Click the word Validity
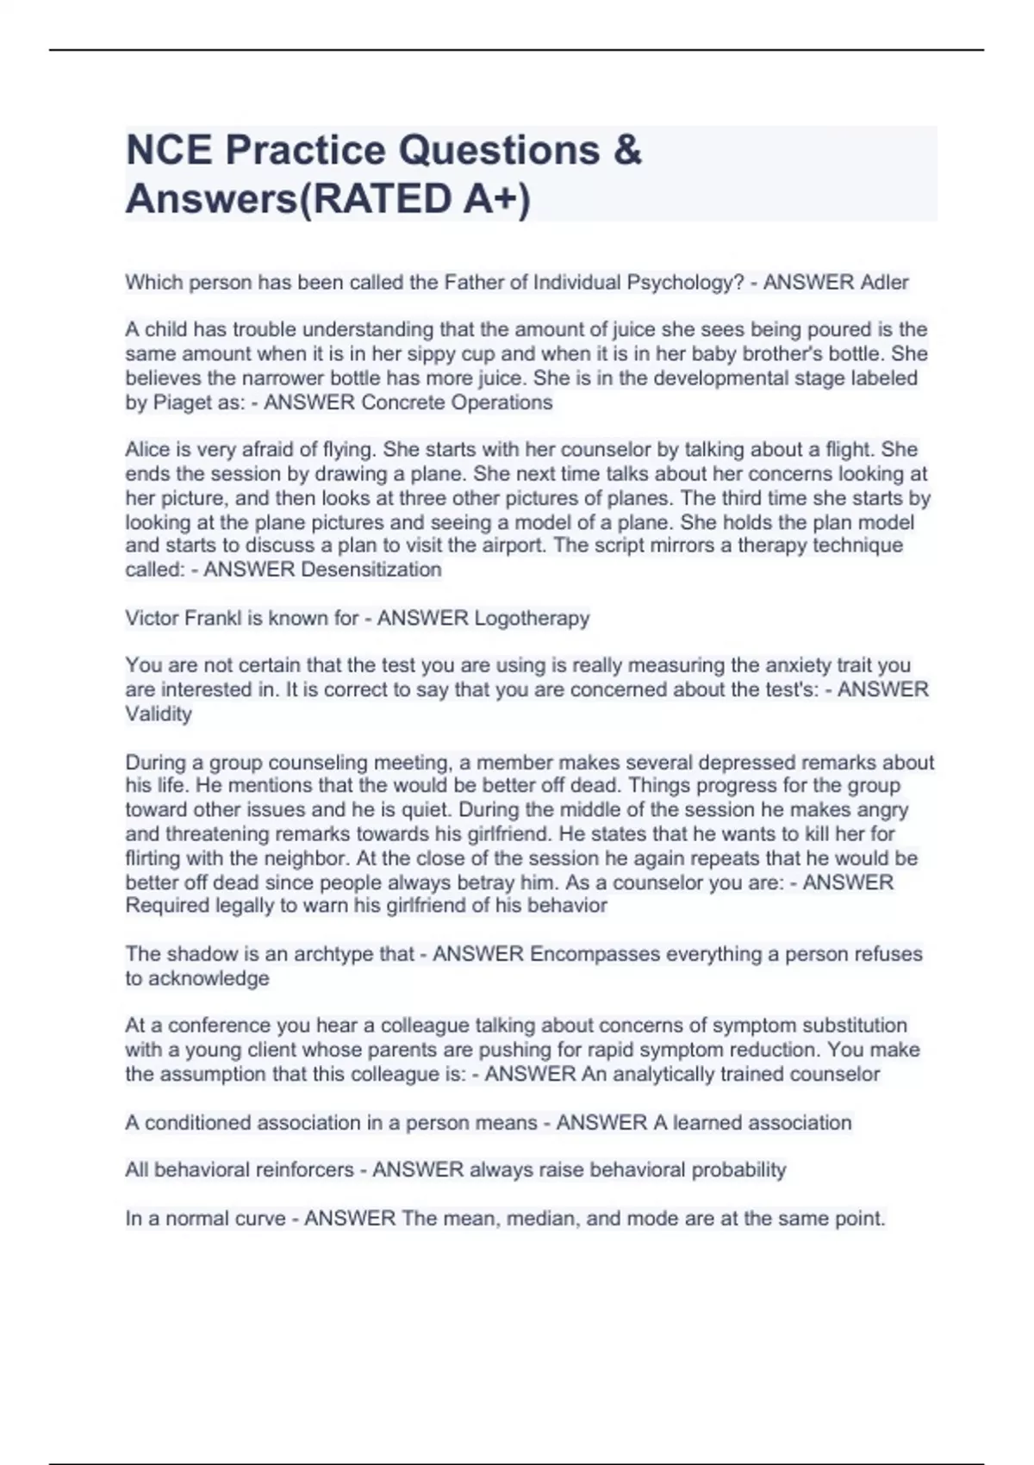pyautogui.click(x=159, y=714)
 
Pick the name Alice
pyautogui.click(x=148, y=450)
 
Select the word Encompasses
pyautogui.click(x=587, y=954)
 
